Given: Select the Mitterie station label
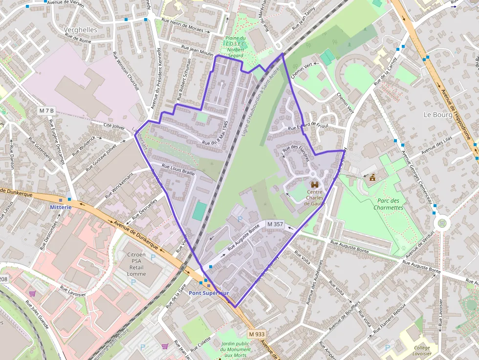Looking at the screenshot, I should click(61, 207).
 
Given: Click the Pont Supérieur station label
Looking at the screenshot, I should click(209, 293).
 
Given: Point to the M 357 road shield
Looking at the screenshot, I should click(275, 224).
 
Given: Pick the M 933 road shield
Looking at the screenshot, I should click(256, 334).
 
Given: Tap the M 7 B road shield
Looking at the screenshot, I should click(47, 111).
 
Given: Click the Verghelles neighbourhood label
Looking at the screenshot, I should click(81, 30).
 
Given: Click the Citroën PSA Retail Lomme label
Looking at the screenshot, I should click(136, 264).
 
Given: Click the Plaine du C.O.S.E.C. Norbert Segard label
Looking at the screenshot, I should click(235, 46).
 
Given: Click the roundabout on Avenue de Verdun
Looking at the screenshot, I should click(442, 223).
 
